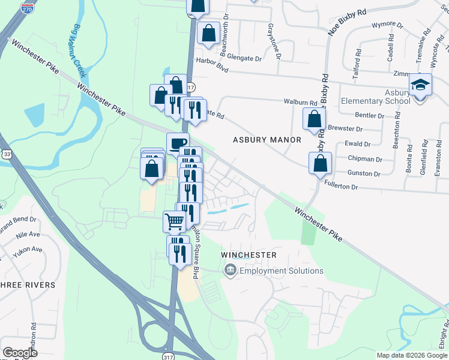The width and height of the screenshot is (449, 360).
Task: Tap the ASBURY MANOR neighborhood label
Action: (x=267, y=140)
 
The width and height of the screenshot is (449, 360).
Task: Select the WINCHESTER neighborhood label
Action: (x=249, y=255)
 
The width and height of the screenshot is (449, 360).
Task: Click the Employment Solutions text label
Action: (x=281, y=271)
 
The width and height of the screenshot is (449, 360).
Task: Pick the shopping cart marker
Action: (x=174, y=221)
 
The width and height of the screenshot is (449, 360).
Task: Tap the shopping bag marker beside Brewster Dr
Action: (x=314, y=119)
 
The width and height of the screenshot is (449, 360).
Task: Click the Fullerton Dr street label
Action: (x=341, y=187)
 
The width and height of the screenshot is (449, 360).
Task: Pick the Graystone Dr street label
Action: (x=275, y=40)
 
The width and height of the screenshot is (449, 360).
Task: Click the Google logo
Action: (x=20, y=353)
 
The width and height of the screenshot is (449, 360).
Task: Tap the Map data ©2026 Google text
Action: (x=411, y=355)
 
